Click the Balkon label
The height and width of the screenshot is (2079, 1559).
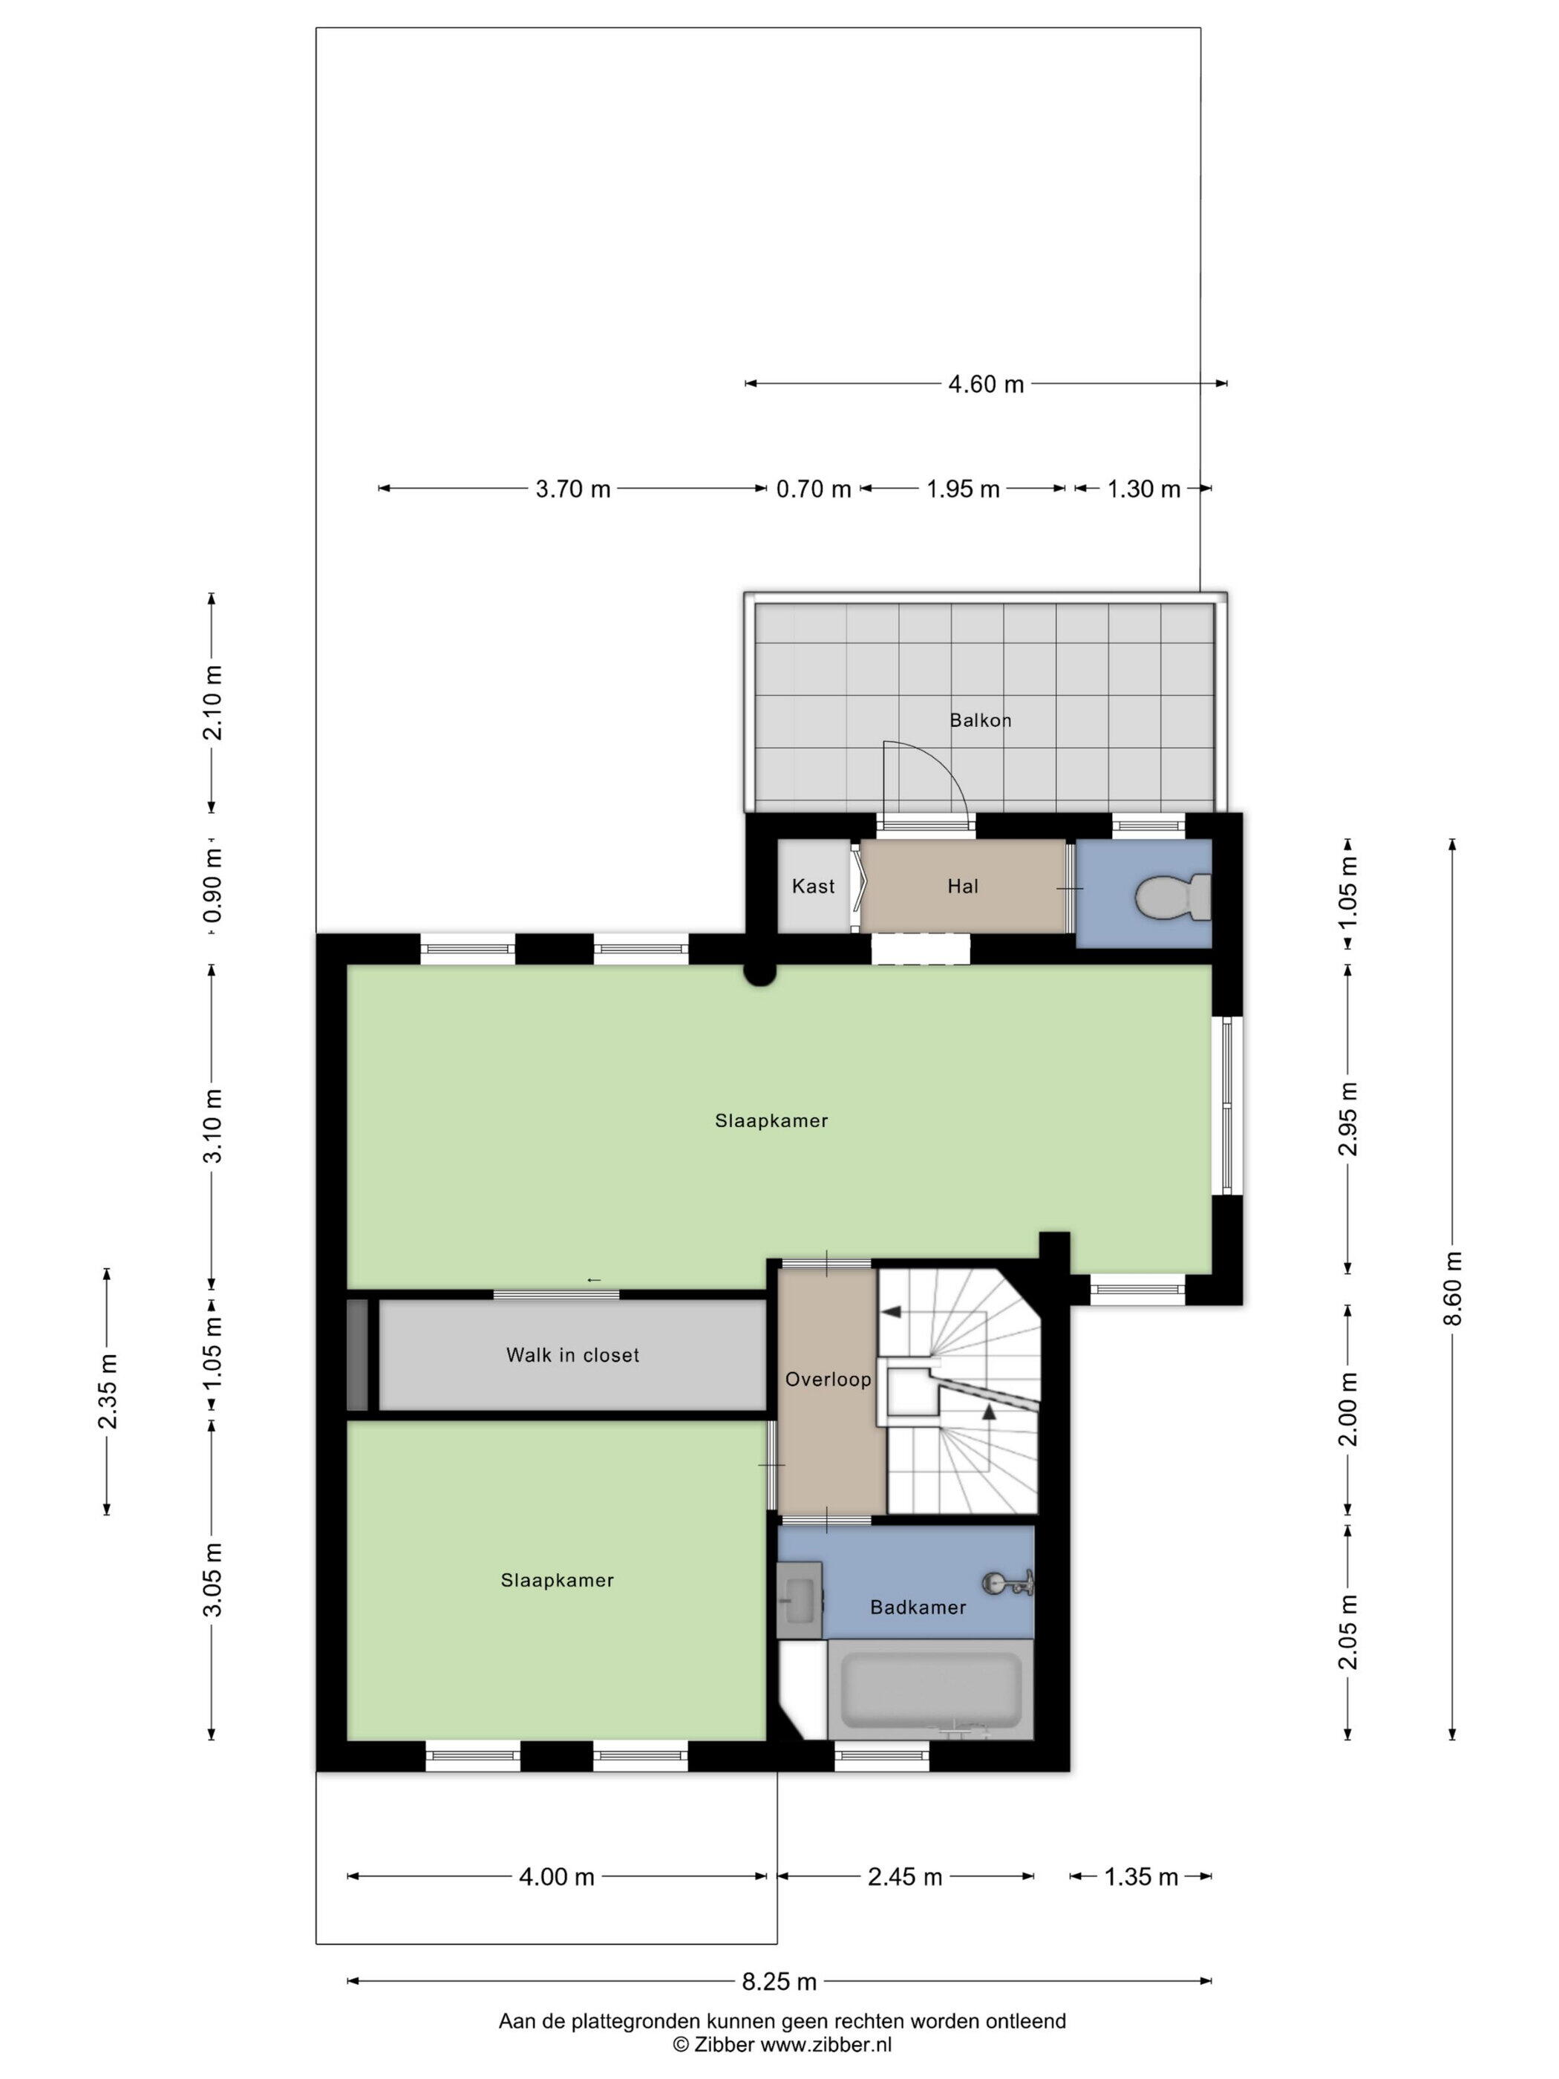[x=980, y=720]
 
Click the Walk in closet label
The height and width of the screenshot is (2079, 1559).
[x=572, y=1354]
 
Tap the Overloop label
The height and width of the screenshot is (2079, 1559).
[x=828, y=1379]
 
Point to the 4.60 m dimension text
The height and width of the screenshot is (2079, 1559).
[x=985, y=383]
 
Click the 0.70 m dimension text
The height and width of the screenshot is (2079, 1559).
[x=813, y=489]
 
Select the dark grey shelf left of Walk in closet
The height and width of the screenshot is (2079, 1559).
[x=357, y=1354]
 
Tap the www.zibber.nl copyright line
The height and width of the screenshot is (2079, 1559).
[x=782, y=2044]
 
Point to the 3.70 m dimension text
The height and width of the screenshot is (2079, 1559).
[x=572, y=489]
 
